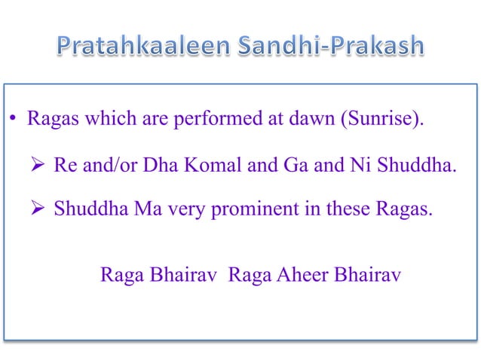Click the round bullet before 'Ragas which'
tap(14, 120)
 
